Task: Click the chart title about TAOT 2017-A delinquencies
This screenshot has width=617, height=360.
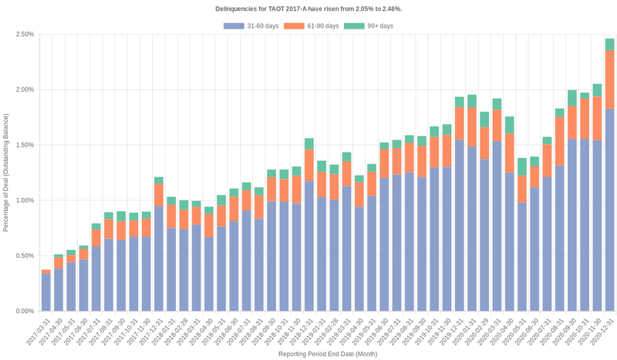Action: click(308, 8)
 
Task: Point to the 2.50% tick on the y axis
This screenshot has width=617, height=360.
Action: click(24, 34)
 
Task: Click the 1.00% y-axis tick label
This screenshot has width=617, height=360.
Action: click(24, 200)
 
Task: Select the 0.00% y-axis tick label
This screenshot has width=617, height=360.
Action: click(24, 311)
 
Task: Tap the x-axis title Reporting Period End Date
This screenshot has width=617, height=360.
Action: click(327, 354)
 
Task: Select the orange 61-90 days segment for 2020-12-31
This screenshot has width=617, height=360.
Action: click(609, 80)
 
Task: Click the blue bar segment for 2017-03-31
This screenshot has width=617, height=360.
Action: click(46, 293)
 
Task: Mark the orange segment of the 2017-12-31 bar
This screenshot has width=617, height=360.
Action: click(159, 195)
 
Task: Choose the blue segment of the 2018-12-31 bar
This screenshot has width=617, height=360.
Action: click(308, 247)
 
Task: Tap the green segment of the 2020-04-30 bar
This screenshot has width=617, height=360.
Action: click(509, 125)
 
